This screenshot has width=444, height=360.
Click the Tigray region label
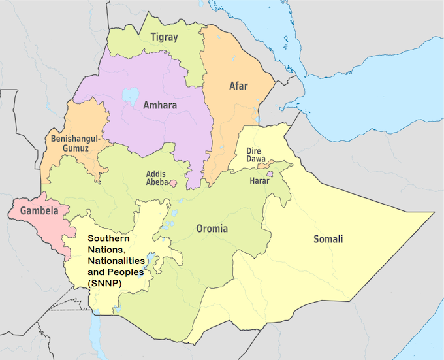pyautogui.click(x=163, y=37)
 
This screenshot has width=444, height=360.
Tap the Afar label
pyautogui.click(x=238, y=86)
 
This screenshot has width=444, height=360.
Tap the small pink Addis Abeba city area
pyautogui.click(x=174, y=184)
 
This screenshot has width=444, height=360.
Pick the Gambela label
pyautogui.click(x=39, y=211)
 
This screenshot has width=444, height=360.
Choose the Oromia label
pyautogui.click(x=212, y=229)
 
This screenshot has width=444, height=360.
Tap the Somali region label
pyautogui.click(x=327, y=239)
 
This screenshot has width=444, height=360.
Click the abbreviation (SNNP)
pyautogui.click(x=108, y=282)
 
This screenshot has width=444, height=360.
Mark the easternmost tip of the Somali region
pyautogui.click(x=434, y=214)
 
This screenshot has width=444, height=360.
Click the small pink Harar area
pyautogui.click(x=267, y=172)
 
